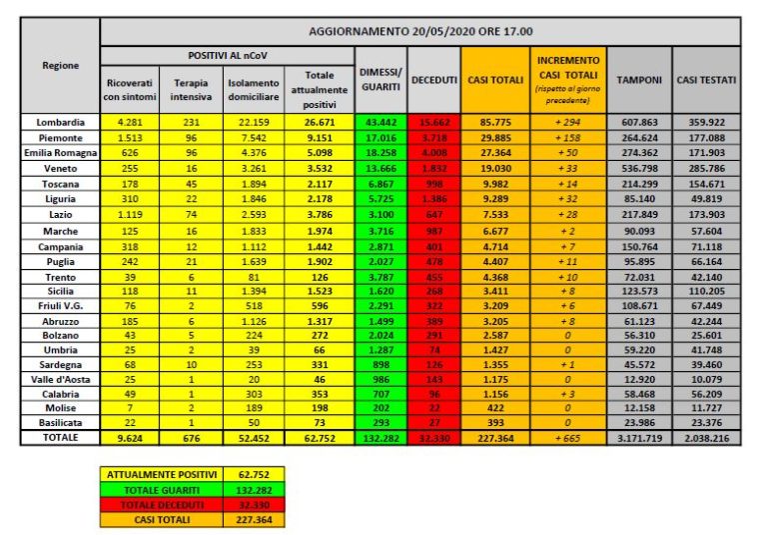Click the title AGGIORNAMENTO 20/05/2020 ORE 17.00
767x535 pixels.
(420, 30)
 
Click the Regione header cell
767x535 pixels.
(60, 65)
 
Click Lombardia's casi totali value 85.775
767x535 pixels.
(495, 122)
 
